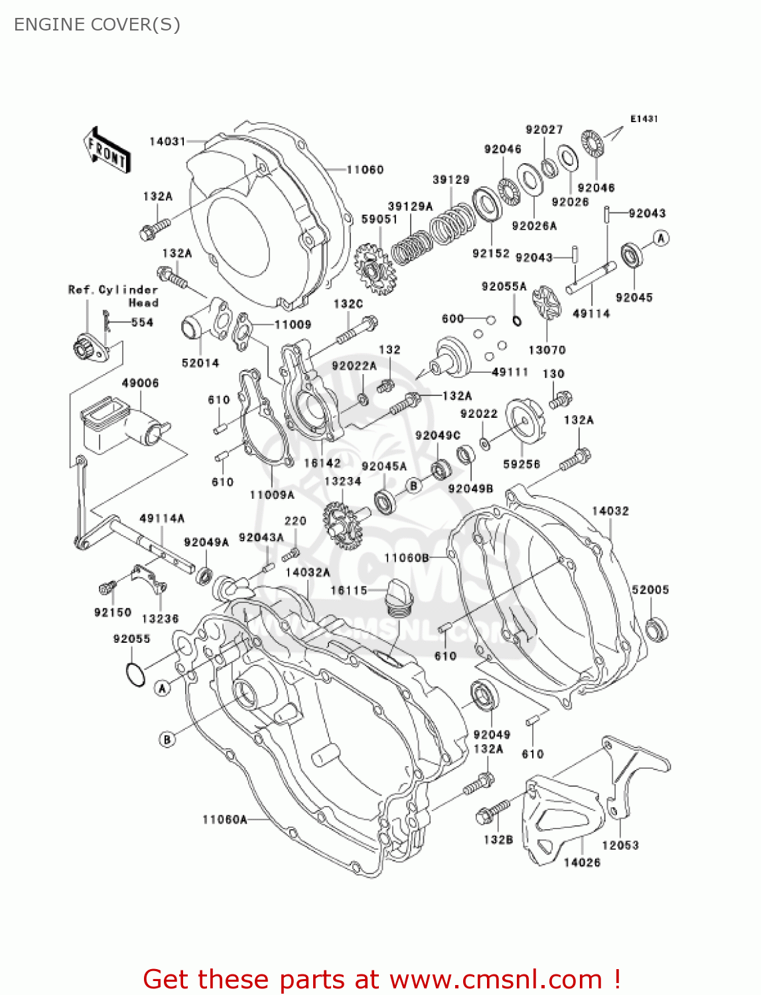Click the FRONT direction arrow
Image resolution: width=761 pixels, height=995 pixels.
click(x=107, y=151)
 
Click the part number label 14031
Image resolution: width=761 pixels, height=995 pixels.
click(x=167, y=141)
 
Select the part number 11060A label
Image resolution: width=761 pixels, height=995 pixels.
click(x=224, y=820)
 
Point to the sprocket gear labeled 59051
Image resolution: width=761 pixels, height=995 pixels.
click(x=374, y=269)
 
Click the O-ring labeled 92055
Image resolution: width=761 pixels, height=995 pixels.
click(x=135, y=675)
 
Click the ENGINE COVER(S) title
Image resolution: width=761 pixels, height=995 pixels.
click(x=97, y=25)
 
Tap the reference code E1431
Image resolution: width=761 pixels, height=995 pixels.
click(x=644, y=119)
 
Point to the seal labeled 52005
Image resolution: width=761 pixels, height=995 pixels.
click(x=657, y=629)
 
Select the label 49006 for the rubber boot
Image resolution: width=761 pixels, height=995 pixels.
click(x=140, y=383)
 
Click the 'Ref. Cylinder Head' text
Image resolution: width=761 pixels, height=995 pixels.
click(x=113, y=296)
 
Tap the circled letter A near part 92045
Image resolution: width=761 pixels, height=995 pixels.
click(x=661, y=238)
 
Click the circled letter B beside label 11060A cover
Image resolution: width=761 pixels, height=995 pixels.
click(x=167, y=739)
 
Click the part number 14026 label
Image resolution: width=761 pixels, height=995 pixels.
click(x=582, y=862)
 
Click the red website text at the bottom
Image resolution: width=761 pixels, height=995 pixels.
click(x=381, y=979)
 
